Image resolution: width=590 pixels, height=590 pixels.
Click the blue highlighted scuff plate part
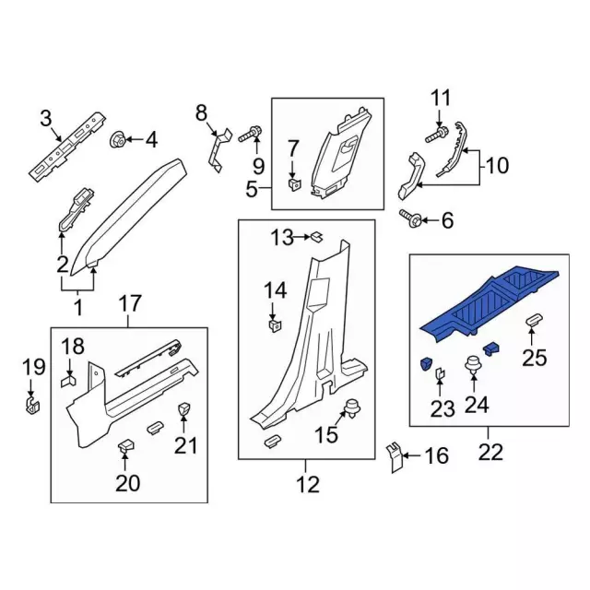tap(489, 300)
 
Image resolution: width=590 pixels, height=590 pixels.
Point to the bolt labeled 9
tap(250, 135)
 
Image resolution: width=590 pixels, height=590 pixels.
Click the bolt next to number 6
tap(409, 218)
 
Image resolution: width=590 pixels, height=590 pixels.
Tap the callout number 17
tap(129, 301)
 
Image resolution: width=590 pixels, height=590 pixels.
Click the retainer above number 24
tap(475, 362)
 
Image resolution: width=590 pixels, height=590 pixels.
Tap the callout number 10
tap(497, 166)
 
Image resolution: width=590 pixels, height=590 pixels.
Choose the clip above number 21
tap(183, 408)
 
